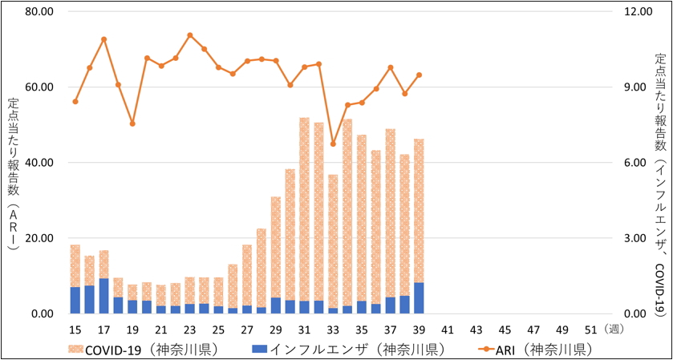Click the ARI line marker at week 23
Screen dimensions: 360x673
point(190,35)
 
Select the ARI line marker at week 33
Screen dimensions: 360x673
point(333,144)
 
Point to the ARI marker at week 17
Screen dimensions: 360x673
point(104,39)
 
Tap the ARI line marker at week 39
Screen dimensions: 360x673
point(419,75)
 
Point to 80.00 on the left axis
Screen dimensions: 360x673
point(39,12)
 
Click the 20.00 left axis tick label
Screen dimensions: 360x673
point(39,238)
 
